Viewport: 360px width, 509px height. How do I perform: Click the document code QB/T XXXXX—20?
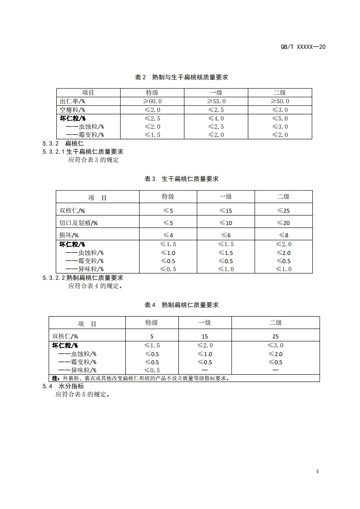tap(304, 47)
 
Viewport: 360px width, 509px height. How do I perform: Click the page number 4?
tap(317, 471)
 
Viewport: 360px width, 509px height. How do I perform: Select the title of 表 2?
tap(182, 77)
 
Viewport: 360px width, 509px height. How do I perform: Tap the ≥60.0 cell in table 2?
tap(153, 101)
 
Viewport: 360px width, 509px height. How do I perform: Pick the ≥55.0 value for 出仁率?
tap(216, 101)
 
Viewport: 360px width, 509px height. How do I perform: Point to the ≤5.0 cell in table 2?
tap(280, 118)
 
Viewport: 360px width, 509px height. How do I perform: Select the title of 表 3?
tap(182, 179)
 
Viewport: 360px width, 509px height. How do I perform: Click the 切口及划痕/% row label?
tap(79, 223)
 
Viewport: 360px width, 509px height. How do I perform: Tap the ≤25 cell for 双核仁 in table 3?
tap(283, 211)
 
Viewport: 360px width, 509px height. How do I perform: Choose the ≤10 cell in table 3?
tap(226, 223)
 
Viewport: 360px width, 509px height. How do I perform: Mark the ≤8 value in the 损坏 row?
tap(283, 235)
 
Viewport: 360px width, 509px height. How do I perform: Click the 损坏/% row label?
tap(69, 235)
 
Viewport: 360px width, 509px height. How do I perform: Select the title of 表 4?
tap(182, 305)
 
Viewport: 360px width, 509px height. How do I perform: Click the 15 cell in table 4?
tap(205, 337)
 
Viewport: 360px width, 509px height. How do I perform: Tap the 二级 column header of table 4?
tap(275, 323)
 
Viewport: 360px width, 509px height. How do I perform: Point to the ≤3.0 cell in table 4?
tap(275, 346)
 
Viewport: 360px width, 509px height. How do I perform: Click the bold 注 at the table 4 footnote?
tap(55, 378)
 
